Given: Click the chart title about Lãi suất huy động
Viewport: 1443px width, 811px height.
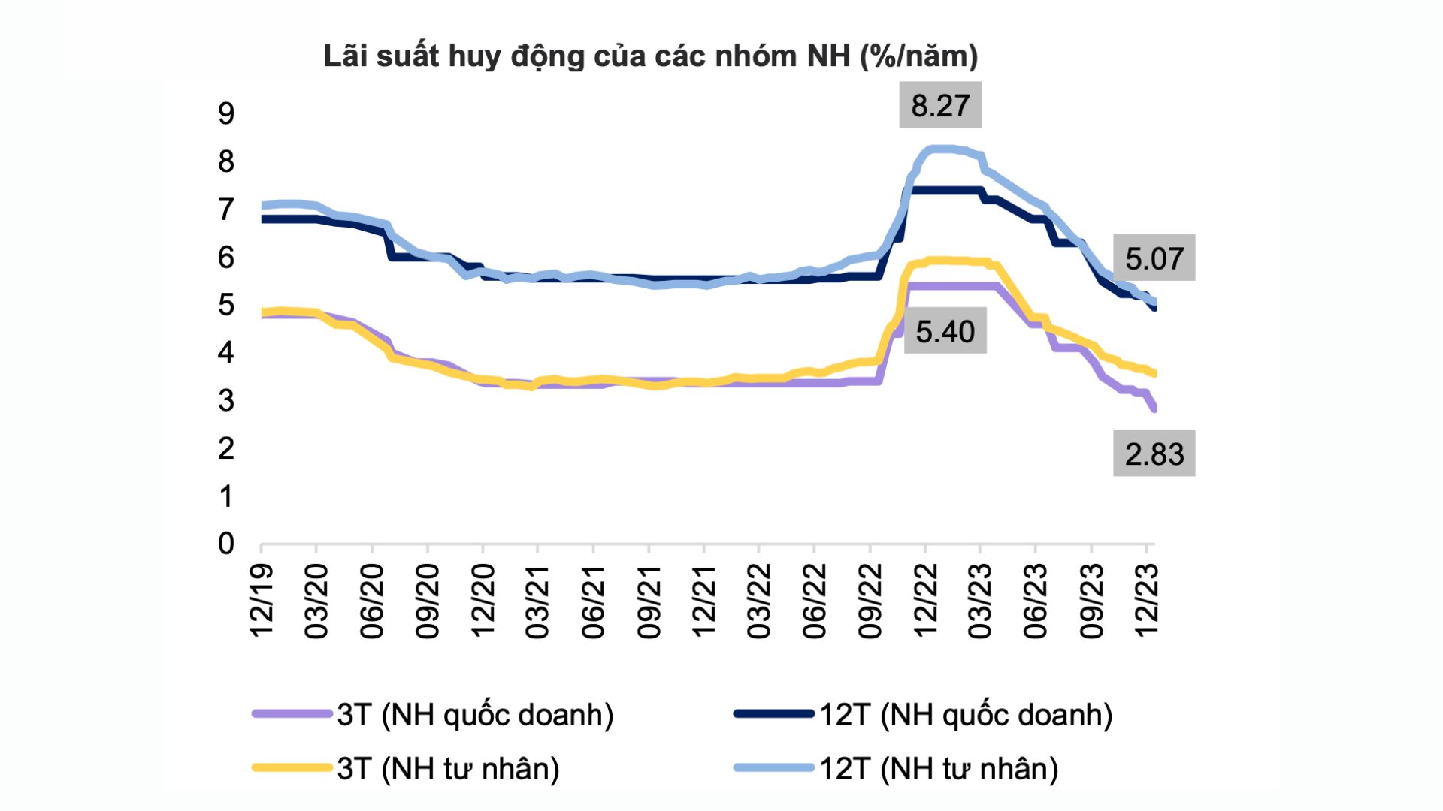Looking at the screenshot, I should [651, 56].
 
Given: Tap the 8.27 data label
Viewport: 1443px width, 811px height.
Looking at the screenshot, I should [940, 105].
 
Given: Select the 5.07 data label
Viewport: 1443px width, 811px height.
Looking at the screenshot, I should [1154, 258].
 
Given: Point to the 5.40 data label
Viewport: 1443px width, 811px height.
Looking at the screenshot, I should [945, 331].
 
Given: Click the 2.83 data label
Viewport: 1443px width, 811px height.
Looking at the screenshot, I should [1154, 454].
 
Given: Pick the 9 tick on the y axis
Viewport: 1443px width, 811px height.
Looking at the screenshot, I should [226, 113].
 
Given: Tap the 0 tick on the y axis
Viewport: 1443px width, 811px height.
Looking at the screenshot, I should [226, 544].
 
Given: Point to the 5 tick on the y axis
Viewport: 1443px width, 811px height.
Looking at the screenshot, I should [226, 305].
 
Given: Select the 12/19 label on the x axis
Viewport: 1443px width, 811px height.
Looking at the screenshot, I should [261, 601].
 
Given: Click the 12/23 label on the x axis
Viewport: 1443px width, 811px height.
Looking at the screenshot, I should [1147, 601].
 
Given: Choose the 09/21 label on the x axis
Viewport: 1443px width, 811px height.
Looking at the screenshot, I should [649, 601].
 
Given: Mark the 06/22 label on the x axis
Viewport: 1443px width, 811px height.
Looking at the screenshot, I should [814, 601].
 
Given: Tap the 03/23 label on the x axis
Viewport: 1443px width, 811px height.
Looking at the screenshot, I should [980, 601].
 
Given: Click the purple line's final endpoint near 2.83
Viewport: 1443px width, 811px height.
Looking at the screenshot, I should [1154, 409].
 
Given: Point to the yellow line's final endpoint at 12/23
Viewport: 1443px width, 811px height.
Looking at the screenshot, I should [1154, 374].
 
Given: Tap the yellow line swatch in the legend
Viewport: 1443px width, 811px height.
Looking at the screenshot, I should [292, 768].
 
